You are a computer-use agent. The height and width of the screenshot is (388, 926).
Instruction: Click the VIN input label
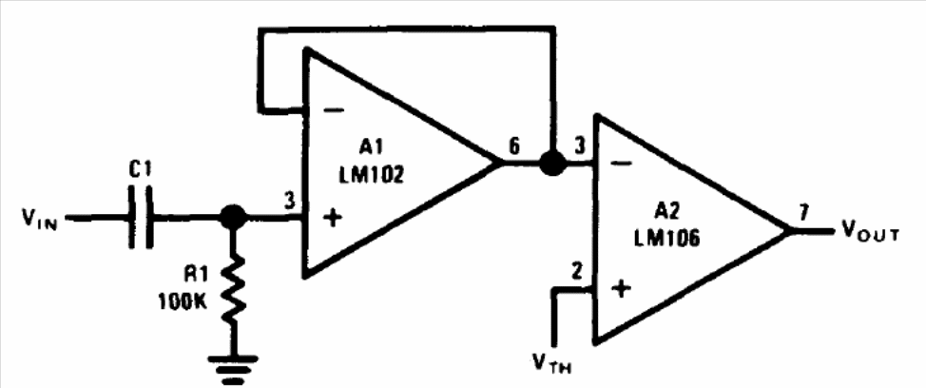[40, 221]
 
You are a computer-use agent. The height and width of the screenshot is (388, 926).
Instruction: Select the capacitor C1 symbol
[141, 218]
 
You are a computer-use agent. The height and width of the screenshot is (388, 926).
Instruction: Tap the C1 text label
[140, 170]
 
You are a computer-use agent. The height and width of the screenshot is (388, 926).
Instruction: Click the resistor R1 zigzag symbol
[233, 289]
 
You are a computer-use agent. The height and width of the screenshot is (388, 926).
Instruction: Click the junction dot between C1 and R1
[233, 218]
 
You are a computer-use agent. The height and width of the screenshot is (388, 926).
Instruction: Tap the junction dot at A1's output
[552, 163]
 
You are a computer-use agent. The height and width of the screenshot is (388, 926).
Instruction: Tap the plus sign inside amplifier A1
[333, 220]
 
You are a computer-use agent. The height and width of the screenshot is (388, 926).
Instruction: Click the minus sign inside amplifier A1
[335, 110]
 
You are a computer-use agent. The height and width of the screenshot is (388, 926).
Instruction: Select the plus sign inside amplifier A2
[621, 289]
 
